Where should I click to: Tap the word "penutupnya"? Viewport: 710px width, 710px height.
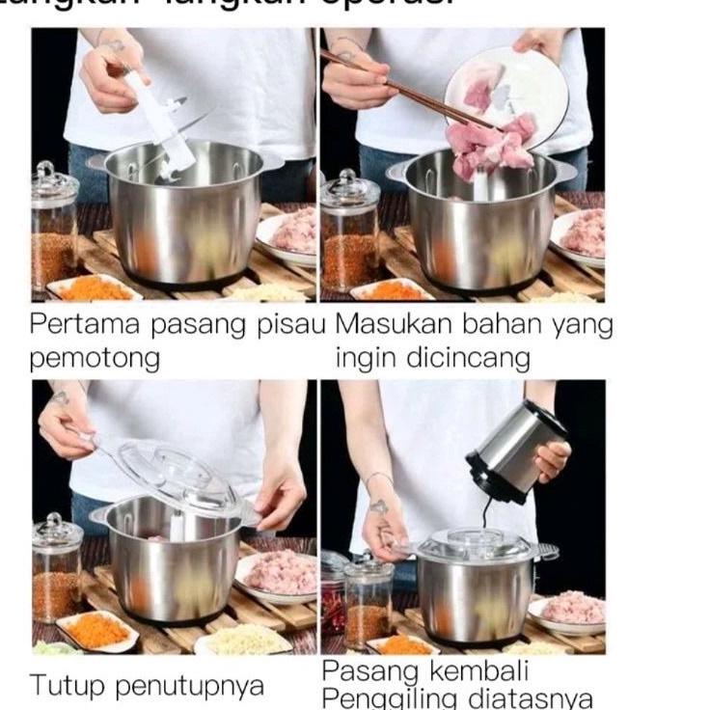tap(189, 687)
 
